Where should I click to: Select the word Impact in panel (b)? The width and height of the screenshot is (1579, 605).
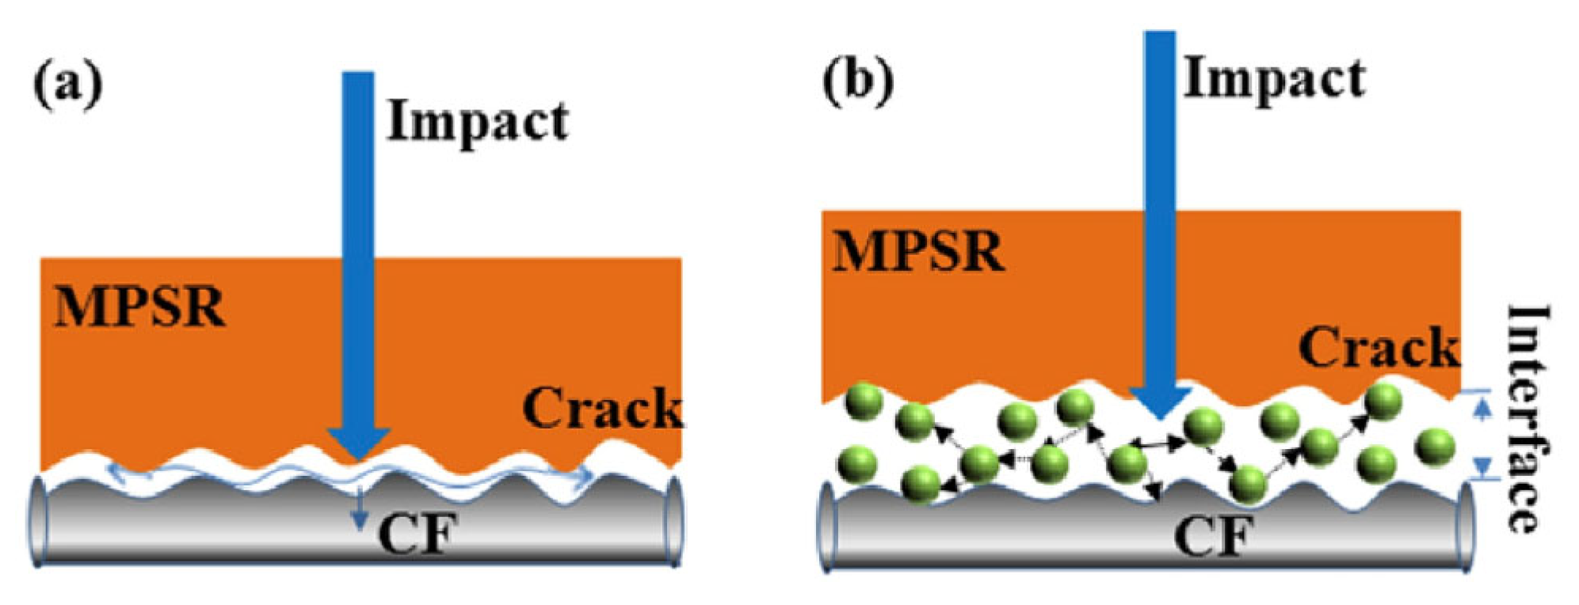[1274, 79]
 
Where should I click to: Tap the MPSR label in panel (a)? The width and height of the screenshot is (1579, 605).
[139, 306]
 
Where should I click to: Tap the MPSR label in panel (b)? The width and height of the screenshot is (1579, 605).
[918, 251]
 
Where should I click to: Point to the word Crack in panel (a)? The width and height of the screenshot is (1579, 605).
[602, 409]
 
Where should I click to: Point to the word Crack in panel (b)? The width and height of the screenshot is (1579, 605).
[1379, 348]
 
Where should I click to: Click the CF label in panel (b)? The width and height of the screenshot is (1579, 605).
[1213, 537]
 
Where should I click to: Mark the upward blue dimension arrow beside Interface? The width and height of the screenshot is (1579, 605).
[1482, 408]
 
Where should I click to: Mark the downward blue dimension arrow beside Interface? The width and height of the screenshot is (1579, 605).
[1482, 466]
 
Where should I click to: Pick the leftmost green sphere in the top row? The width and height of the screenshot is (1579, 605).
[863, 402]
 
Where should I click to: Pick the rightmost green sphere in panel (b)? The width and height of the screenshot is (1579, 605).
[1435, 448]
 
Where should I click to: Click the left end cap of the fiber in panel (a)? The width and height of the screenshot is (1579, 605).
[37, 520]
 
